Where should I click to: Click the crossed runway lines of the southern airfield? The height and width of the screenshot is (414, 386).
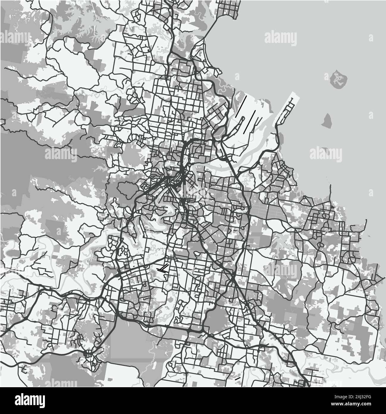pyautogui.click(x=163, y=270)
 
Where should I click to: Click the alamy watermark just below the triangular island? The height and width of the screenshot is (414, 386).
pyautogui.click(x=325, y=154)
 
